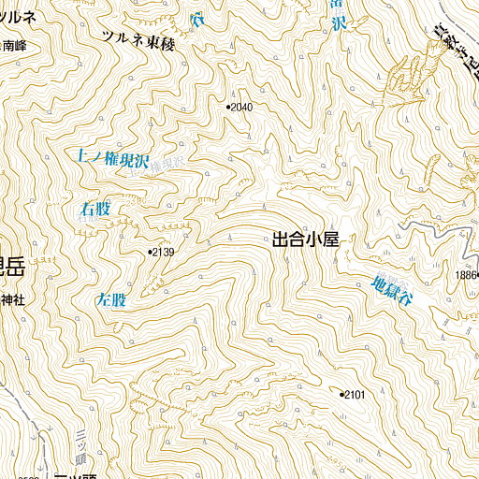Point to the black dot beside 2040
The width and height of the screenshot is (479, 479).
click(227, 108)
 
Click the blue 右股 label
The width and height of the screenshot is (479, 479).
click(95, 210)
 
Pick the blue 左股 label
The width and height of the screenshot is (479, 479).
click(111, 301)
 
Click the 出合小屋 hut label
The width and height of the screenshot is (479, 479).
click(304, 239)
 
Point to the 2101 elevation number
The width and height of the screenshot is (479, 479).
click(355, 395)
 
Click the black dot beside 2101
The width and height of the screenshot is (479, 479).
click(341, 395)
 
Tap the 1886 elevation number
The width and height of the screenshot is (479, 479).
click(467, 274)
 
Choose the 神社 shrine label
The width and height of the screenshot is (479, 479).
click(11, 300)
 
